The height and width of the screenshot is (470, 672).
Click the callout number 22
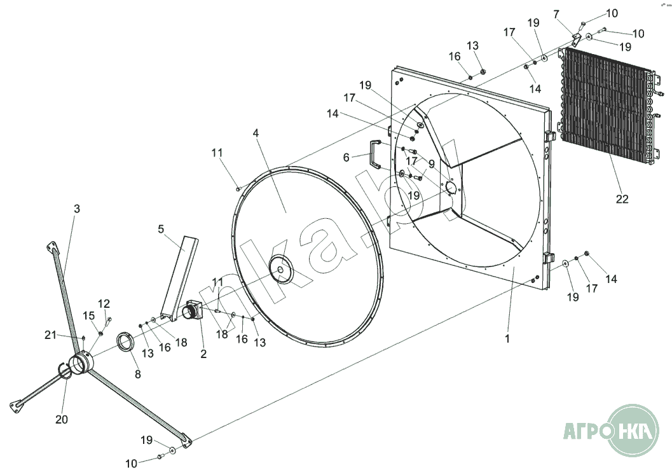point(622,199)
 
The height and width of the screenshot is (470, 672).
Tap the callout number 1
point(507,339)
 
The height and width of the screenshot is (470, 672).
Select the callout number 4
point(256,133)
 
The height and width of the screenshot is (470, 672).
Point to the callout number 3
point(77,209)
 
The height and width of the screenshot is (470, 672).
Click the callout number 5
point(161,229)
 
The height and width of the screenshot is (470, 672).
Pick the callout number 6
point(346,158)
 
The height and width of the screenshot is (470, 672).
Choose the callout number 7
point(556,15)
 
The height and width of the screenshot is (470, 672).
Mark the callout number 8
point(137,375)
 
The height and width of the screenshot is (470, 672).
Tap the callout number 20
point(61,419)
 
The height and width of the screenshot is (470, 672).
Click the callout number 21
point(51,335)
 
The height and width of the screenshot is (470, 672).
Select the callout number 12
point(104,303)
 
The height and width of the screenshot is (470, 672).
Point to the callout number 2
point(203,354)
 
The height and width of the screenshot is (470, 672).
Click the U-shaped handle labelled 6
point(376,154)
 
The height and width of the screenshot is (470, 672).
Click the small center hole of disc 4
point(280,269)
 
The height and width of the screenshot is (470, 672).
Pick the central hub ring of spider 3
point(82,364)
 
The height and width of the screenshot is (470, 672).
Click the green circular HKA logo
point(633,430)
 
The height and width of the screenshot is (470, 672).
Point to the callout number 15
point(89,316)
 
